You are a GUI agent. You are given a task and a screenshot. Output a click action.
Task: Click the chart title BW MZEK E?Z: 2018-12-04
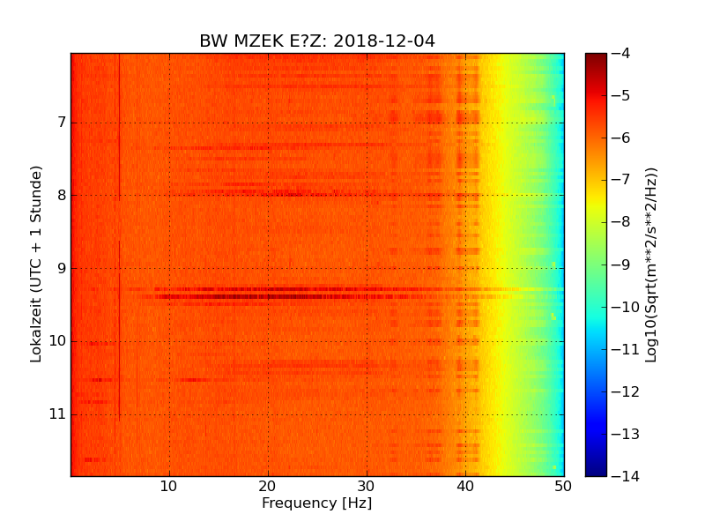coord(317,41)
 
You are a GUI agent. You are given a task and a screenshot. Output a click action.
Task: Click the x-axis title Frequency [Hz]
coord(317,503)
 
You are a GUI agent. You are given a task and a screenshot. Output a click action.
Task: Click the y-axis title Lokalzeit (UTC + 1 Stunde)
coord(36,264)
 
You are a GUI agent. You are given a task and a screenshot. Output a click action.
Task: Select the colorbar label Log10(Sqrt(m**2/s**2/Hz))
coord(652,264)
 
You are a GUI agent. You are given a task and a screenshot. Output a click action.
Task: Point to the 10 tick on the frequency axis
coord(169,485)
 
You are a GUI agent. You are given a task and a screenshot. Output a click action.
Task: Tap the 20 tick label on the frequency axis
coord(268,485)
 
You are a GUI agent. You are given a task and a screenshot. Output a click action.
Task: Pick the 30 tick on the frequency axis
coord(367,485)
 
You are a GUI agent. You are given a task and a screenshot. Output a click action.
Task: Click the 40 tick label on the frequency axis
coord(465,485)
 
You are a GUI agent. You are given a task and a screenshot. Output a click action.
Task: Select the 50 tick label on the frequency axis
coord(563,485)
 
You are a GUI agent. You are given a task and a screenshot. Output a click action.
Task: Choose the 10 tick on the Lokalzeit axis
coord(56,341)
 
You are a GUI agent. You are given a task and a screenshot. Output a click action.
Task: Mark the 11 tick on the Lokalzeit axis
coord(56,414)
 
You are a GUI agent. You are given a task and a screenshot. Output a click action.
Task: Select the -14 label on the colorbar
coord(624,476)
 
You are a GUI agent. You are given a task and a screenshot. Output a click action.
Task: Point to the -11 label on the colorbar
coord(624,349)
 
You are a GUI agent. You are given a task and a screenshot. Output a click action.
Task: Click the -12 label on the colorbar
coord(624,391)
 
